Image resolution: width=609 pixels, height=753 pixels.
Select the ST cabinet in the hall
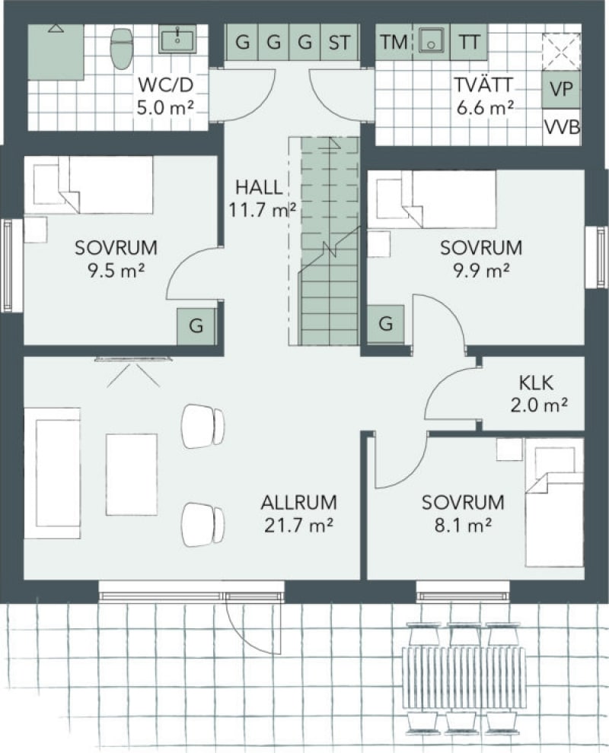tap(340, 43)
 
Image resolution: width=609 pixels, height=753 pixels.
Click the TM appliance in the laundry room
tap(394, 43)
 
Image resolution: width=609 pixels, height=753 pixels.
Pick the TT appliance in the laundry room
tap(469, 43)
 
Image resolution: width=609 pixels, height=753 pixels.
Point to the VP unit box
tap(561, 89)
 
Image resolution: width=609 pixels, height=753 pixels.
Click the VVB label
tap(562, 128)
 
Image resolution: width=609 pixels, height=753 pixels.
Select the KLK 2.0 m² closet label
tap(538, 394)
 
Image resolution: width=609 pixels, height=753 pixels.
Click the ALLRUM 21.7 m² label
tap(298, 514)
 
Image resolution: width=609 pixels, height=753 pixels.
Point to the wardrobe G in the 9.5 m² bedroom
tap(196, 326)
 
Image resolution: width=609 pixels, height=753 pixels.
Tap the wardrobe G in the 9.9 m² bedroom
tap(386, 324)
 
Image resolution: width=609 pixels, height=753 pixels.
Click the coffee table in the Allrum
tap(132, 475)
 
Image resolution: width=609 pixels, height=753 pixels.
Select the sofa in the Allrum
tap(53, 474)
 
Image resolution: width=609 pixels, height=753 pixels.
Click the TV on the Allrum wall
tap(134, 358)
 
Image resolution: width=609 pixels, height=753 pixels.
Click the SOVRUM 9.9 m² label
tap(481, 259)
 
